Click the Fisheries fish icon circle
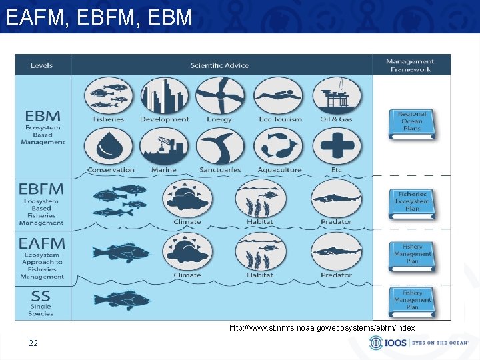108,96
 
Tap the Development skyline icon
164,96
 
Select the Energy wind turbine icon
220,96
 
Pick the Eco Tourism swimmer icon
278,96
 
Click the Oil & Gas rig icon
337,96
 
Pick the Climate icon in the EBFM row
188,199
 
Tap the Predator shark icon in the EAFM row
336,251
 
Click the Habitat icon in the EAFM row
260,251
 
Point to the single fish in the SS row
122,299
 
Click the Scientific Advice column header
219,65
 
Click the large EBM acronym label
43,115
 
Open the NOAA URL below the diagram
322,328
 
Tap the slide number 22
33,343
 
